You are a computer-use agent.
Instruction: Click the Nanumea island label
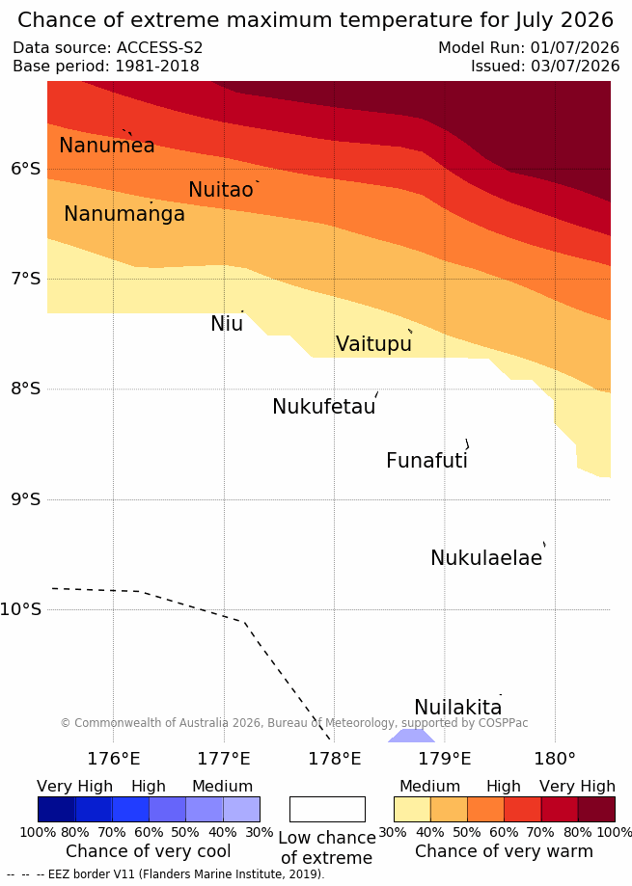pos(107,146)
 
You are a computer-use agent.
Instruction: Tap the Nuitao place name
pos(221,189)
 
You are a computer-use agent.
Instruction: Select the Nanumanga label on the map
pos(124,214)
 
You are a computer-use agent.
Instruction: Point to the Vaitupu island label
pos(373,343)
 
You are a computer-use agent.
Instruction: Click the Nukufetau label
pos(324,406)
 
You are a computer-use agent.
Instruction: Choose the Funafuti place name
pos(426,460)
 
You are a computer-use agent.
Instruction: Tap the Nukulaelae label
pos(486,557)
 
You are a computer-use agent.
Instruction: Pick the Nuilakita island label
pos(458,707)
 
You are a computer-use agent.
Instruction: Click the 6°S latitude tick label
pos(26,169)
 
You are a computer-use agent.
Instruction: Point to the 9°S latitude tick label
pos(26,499)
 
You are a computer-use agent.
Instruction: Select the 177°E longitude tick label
pos(224,759)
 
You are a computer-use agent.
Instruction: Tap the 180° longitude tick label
pos(555,759)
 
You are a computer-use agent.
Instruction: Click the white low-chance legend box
pos(327,809)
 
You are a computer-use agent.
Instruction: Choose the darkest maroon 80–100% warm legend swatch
pos(596,809)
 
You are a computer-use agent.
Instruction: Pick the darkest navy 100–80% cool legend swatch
pos(57,809)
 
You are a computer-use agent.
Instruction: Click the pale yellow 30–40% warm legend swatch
pos(412,809)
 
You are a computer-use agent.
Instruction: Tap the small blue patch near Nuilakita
pos(411,736)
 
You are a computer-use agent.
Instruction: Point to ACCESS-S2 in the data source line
pos(159,47)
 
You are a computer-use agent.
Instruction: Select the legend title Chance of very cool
pos(148,851)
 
